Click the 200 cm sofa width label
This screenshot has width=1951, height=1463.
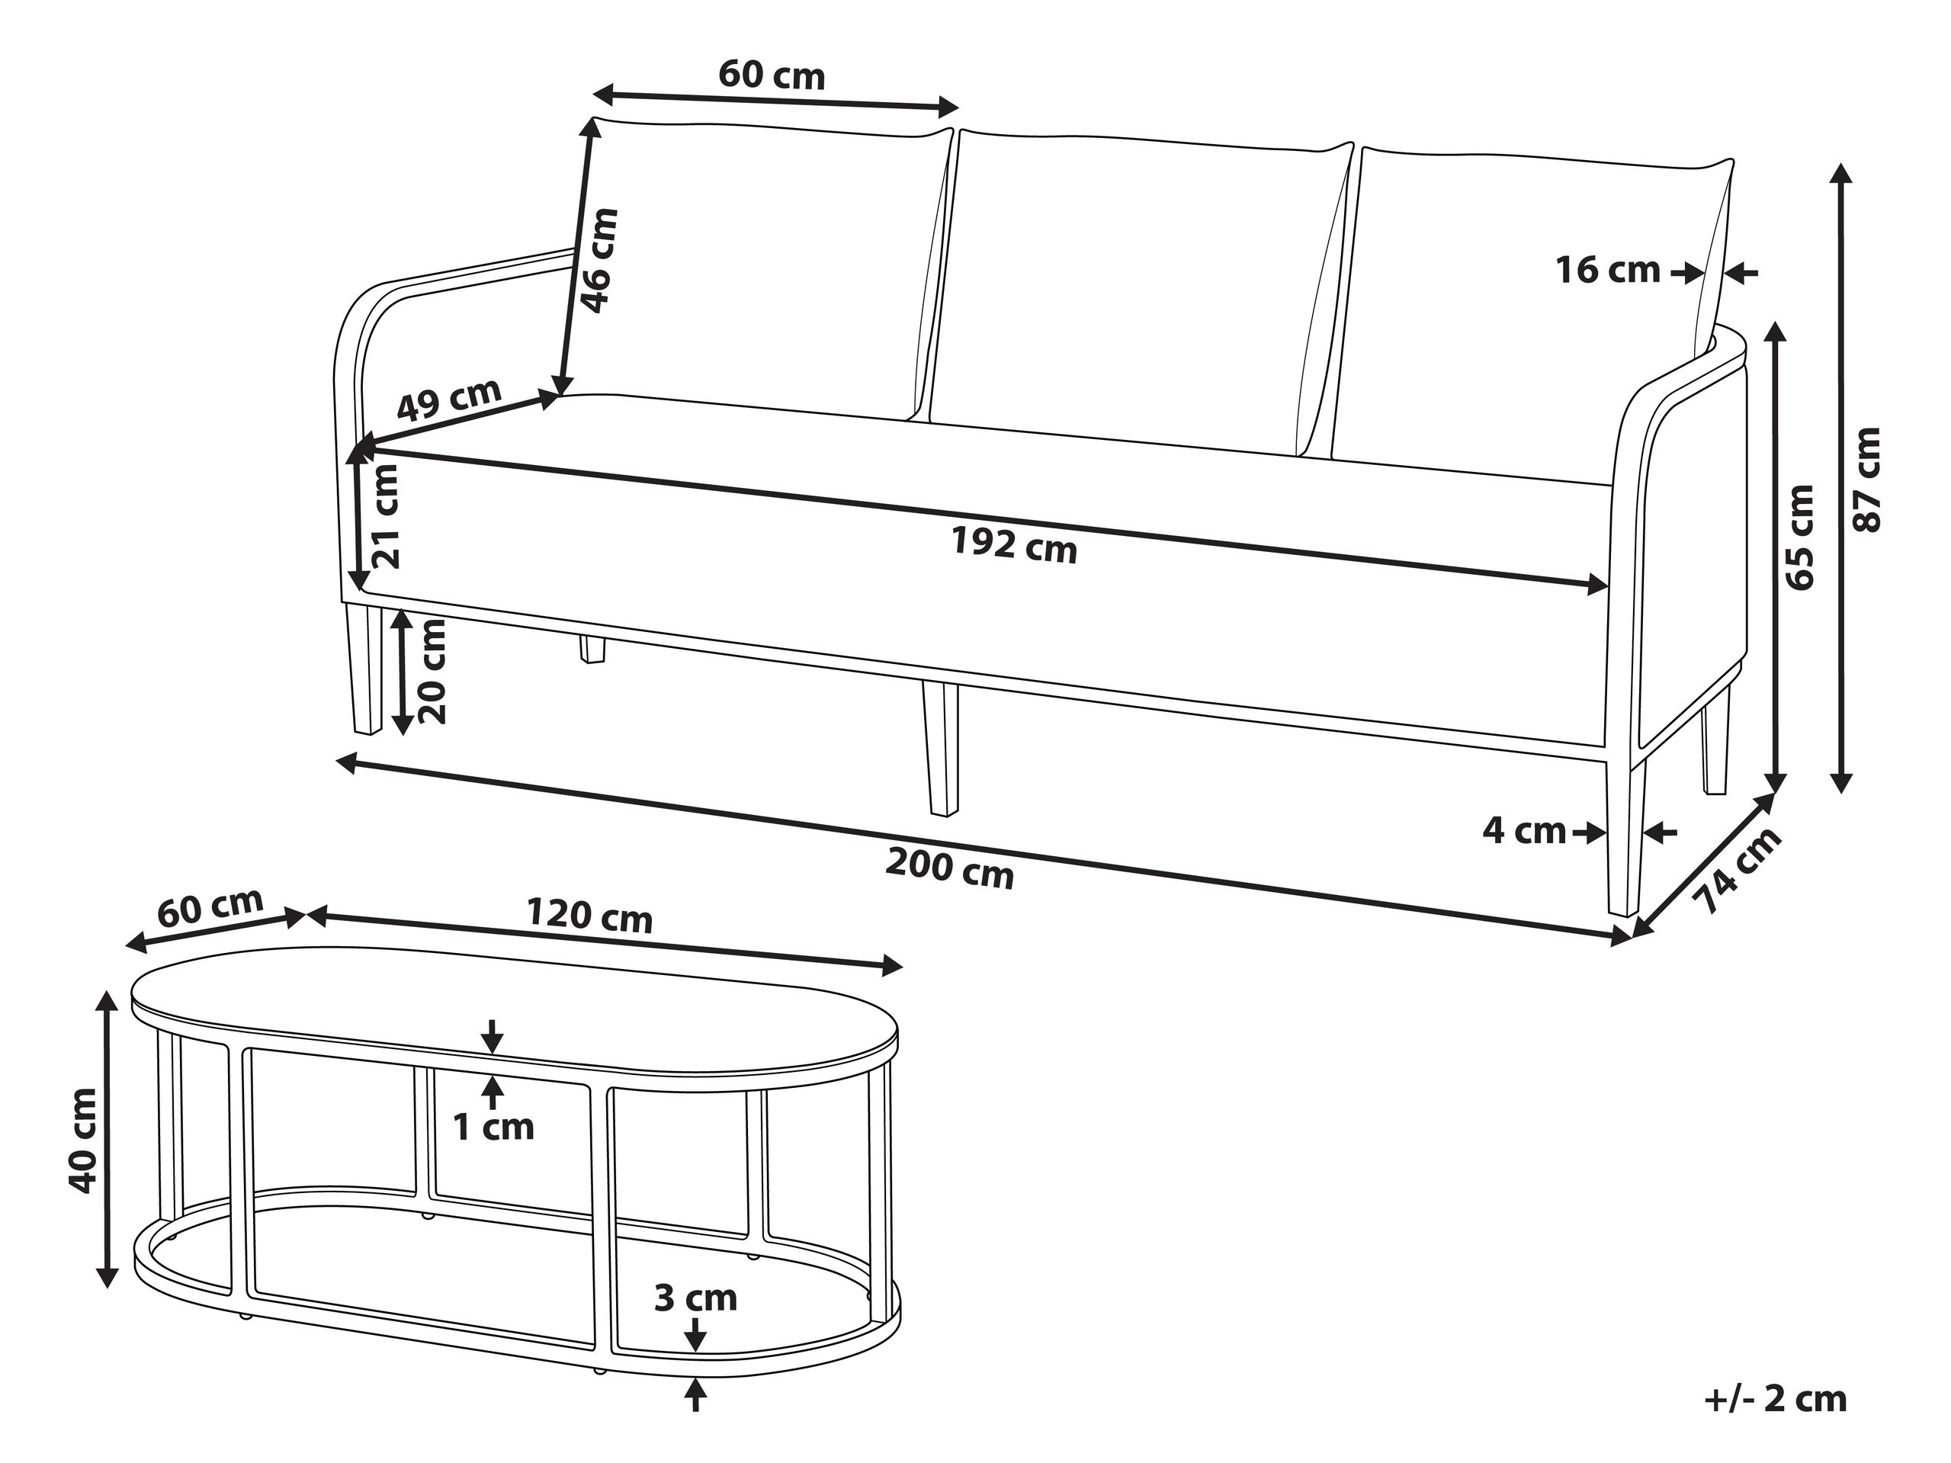(x=949, y=868)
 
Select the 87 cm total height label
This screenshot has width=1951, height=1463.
(x=1867, y=480)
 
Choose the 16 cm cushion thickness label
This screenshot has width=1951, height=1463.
(x=1607, y=271)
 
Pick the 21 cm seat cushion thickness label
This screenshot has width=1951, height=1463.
(x=386, y=517)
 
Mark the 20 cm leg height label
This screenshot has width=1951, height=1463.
(x=432, y=671)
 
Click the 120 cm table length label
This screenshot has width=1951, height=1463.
(x=589, y=916)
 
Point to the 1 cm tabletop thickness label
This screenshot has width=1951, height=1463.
(x=493, y=1127)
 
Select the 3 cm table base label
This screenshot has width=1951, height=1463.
(x=695, y=1298)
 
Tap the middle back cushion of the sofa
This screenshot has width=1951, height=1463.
(x=1138, y=282)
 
